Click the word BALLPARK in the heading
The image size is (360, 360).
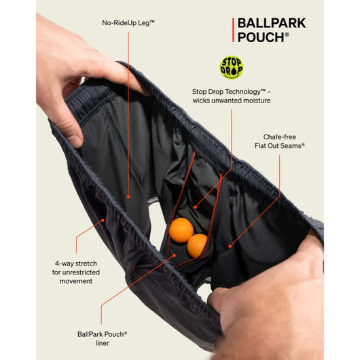(272, 23)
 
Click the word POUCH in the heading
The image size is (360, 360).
(261, 37)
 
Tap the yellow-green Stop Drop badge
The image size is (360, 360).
(232, 67)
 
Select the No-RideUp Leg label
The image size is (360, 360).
(128, 23)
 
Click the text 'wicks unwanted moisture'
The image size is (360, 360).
(232, 101)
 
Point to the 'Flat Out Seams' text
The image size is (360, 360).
(280, 146)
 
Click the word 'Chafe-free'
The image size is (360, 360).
(280, 137)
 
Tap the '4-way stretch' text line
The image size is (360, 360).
(76, 264)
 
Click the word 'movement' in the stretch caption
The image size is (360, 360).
(76, 281)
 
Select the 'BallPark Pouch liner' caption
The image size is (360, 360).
(102, 338)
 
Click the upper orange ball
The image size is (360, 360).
(181, 230)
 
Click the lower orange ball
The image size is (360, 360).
(197, 245)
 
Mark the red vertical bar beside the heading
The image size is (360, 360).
(233, 30)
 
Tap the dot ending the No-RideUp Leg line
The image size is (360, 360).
(128, 197)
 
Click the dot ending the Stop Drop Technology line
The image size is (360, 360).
(195, 207)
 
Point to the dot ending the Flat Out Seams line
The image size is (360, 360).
(230, 246)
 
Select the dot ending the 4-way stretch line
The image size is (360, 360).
(103, 220)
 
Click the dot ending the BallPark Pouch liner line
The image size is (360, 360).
(174, 255)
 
